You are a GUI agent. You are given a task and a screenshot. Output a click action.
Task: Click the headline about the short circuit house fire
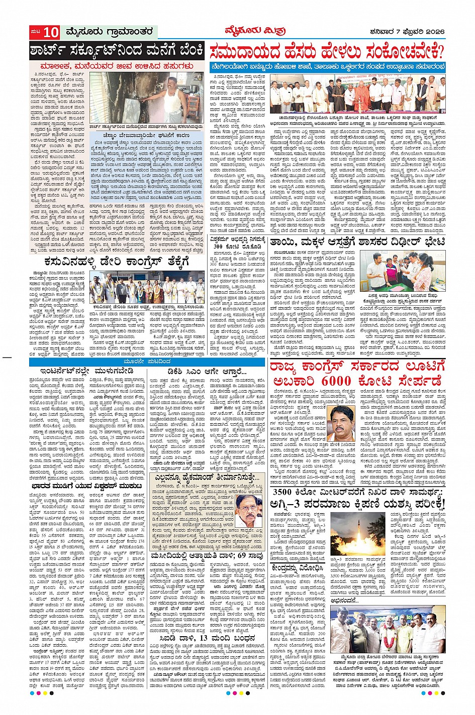point(117,51)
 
